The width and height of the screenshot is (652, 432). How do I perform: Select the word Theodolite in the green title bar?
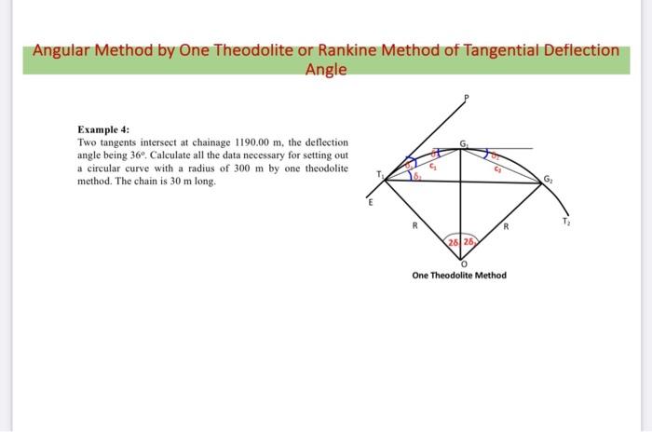[x=251, y=49]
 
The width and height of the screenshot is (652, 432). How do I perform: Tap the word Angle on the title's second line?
[x=326, y=69]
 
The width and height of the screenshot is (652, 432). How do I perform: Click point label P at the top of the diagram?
[x=469, y=98]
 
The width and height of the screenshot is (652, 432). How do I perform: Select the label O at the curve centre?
[x=463, y=263]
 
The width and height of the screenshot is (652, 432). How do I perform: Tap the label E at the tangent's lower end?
[x=368, y=201]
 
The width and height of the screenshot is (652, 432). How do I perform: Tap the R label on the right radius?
[x=506, y=225]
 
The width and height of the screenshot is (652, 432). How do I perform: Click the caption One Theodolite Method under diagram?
[x=460, y=276]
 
